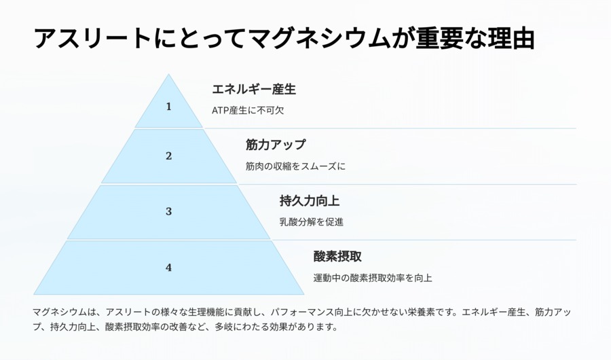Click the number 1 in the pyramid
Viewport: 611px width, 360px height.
pos(169,107)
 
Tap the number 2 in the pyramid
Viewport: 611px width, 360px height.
pos(169,156)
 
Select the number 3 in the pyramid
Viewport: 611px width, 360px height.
pos(169,211)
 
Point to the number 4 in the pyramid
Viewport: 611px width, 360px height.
pos(169,268)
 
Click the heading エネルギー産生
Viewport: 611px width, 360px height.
pos(254,89)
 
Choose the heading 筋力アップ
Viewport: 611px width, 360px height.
pos(276,145)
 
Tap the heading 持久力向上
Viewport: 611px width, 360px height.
pos(310,201)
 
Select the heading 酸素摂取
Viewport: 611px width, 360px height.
pos(337,257)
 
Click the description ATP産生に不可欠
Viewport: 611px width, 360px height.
pos(248,110)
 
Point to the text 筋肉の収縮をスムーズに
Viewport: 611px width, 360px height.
pos(295,166)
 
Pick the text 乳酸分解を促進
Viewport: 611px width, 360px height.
pos(312,222)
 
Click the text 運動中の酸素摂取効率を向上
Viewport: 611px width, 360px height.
pos(373,278)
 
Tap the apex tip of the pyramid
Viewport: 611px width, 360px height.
pos(169,75)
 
